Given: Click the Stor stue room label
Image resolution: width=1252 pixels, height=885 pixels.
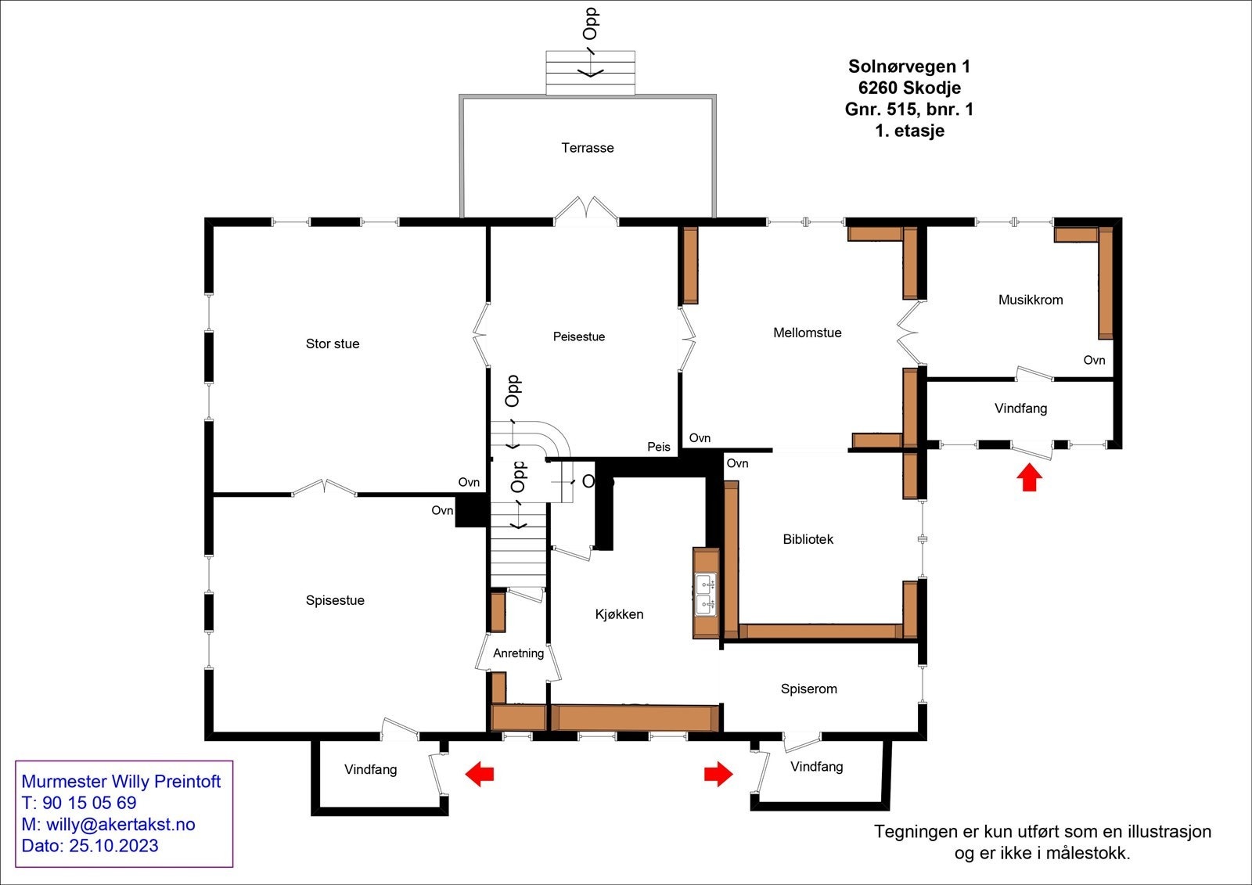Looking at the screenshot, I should tap(333, 344).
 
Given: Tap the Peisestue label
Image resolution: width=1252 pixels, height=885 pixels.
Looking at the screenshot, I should tap(579, 336).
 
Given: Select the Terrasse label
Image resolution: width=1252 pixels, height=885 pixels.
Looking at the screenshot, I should tap(588, 148).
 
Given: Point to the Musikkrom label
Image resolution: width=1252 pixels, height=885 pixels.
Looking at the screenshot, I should tap(1031, 300).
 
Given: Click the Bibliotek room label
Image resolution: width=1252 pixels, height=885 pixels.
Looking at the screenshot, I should tap(808, 539).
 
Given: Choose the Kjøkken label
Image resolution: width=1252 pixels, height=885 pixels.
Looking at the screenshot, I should tap(619, 614).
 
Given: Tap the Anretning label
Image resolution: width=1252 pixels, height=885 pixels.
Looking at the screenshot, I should tap(518, 653).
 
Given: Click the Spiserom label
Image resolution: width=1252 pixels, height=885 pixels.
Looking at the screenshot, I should tap(809, 689).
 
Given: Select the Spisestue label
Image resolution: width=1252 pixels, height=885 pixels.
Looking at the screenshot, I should tap(335, 600).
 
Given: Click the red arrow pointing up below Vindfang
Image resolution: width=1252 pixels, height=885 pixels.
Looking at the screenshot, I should tap(1030, 477).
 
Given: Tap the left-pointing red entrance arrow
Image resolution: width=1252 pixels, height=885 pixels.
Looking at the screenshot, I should tap(480, 774).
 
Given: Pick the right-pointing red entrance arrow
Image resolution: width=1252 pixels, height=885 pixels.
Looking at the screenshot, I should tap(718, 774).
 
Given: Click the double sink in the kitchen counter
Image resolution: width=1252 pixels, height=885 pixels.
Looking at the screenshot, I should tap(706, 593).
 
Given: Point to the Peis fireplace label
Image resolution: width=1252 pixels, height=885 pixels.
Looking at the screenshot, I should tap(659, 447).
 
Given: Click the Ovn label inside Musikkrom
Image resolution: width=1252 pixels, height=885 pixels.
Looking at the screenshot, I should tap(1094, 360).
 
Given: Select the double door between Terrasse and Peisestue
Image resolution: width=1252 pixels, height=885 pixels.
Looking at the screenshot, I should tap(587, 211).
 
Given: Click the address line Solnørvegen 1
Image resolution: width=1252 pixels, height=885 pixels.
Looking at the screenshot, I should tap(909, 67).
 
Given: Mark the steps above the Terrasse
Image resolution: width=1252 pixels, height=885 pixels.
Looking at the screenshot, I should tap(590, 73).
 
